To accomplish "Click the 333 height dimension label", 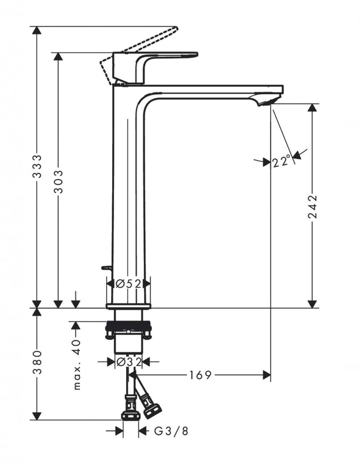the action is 37,166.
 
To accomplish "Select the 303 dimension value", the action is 59,182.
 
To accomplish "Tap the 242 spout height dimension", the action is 312,207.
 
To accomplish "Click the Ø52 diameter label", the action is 129,284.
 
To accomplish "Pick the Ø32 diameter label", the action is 129,361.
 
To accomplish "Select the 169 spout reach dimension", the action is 200,375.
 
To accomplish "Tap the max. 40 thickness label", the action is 76,365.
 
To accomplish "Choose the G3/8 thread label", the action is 171,431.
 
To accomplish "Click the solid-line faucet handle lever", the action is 155,68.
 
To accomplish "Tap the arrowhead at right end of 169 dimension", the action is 266,375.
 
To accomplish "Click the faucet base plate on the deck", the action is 129,306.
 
